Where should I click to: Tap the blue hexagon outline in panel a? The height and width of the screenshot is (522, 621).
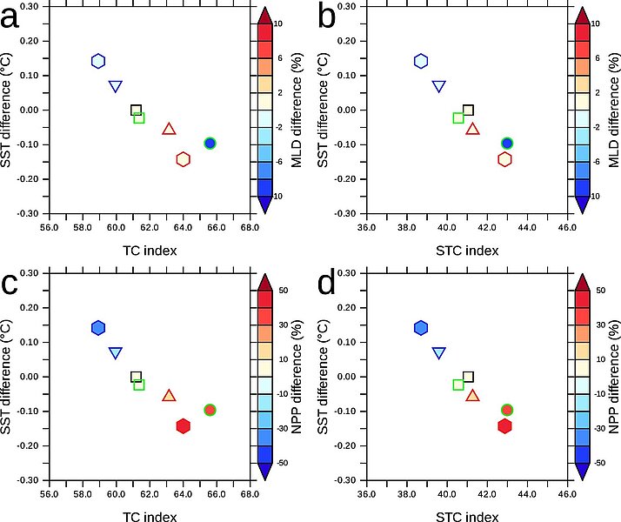coord(98,61)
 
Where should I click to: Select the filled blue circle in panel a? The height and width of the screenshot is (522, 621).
coord(210,143)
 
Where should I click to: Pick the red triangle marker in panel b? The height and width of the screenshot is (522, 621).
coord(473,129)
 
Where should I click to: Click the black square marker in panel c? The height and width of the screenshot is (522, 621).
coord(136,377)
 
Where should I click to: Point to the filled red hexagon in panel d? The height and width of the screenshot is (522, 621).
coord(504,426)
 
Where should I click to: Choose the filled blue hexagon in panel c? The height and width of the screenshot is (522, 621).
coord(98,328)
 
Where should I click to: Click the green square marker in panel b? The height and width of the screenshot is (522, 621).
coord(458,117)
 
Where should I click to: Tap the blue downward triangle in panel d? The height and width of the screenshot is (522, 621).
coord(439,352)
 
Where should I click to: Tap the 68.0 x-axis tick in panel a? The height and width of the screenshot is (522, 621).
coord(250,228)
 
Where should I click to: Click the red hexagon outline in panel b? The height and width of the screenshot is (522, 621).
coord(504,159)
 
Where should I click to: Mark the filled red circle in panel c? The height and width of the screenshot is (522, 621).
coord(210,410)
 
